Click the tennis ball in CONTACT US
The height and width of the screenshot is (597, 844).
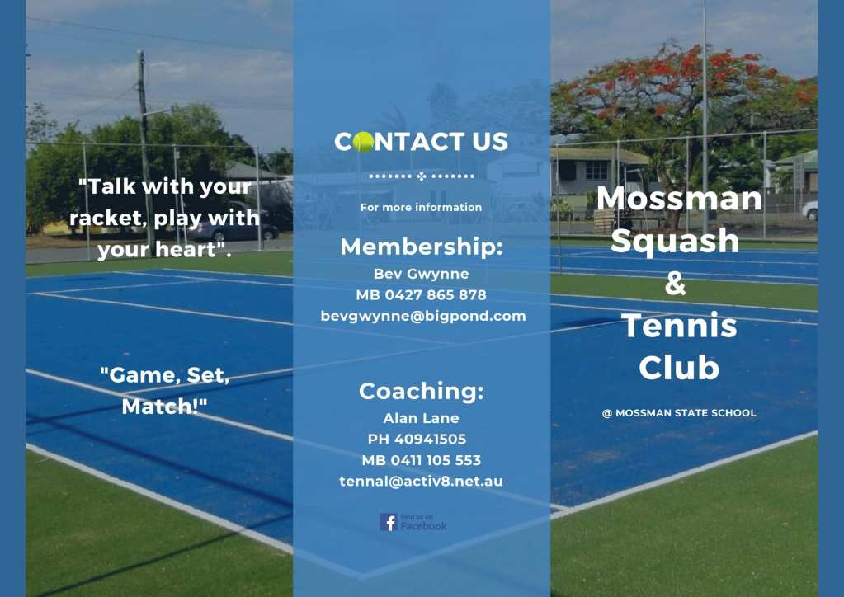[x=363, y=142]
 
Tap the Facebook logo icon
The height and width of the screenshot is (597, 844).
[x=389, y=522]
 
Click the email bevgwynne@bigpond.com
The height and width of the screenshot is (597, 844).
[x=423, y=317]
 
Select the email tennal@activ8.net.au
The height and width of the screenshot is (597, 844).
[x=421, y=482]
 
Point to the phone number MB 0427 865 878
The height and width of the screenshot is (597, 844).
[x=421, y=294]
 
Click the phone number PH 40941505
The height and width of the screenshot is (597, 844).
[x=417, y=439]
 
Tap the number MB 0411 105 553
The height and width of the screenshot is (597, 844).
[x=421, y=460]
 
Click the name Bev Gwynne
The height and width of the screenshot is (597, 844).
[x=421, y=274]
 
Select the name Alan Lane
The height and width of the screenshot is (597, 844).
[x=421, y=418]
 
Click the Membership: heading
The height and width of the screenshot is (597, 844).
[x=422, y=247]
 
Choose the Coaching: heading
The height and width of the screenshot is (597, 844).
[x=422, y=391]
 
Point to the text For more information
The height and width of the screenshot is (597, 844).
[x=421, y=207]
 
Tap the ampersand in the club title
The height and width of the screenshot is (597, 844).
[x=676, y=283]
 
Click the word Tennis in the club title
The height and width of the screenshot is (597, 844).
[x=679, y=325]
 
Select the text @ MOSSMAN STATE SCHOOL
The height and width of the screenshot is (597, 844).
[x=679, y=413]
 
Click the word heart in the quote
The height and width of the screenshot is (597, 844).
[x=186, y=249]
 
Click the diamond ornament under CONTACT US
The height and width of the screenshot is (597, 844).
[x=422, y=176]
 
